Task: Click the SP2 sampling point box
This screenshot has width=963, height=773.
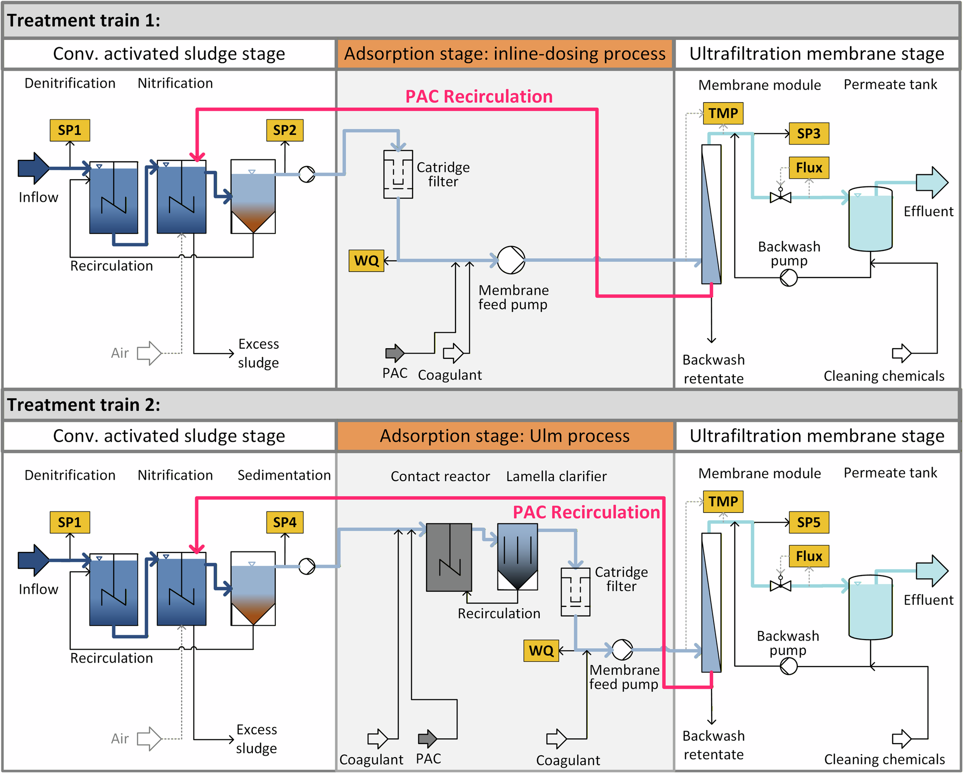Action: point(285,130)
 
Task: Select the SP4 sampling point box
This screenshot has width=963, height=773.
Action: point(285,522)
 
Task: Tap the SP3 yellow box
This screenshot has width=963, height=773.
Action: point(809,133)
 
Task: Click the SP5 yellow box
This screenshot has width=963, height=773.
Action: point(809,523)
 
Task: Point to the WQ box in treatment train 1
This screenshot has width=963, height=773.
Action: point(366,261)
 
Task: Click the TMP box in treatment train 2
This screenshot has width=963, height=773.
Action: point(723,501)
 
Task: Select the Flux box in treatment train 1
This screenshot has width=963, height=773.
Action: point(809,168)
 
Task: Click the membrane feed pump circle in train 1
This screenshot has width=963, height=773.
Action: point(511,260)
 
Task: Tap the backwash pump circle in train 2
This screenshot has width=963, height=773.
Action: point(788,666)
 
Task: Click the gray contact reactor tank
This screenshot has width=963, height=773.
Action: point(449,557)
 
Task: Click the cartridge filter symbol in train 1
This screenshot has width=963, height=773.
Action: point(398,174)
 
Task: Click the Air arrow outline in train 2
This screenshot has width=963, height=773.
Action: point(149,738)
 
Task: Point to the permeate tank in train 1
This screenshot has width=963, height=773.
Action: point(870,219)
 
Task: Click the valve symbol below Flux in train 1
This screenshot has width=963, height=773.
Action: point(780,197)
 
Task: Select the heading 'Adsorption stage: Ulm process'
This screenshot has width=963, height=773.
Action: point(505,436)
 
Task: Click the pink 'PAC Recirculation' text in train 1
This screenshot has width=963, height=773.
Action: point(479,96)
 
